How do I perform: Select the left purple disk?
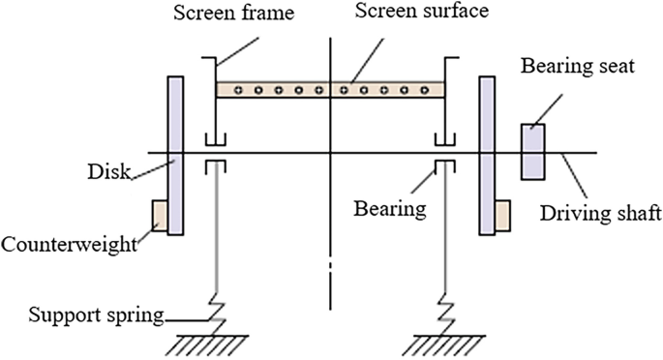coord(175,156)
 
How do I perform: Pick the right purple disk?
coord(487,156)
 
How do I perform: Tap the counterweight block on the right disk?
coord(502,216)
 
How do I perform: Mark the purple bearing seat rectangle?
coord(533,152)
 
